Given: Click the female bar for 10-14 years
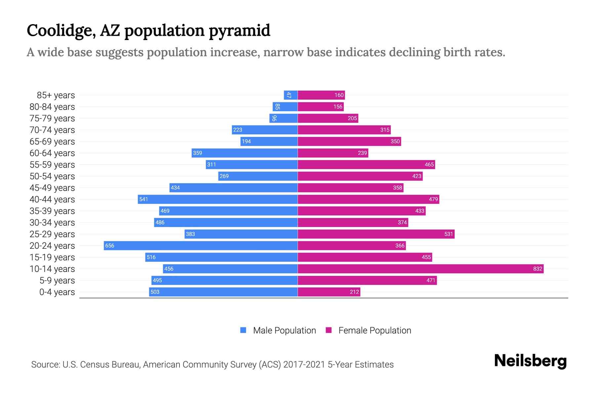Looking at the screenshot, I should pyautogui.click(x=420, y=269).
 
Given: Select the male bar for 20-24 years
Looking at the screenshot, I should pyautogui.click(x=201, y=245).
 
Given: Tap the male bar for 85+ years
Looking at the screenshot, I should pyautogui.click(x=291, y=95).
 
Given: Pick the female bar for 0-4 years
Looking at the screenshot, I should pyautogui.click(x=329, y=292).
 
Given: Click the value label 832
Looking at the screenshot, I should pyautogui.click(x=537, y=269).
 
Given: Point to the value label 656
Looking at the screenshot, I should pyautogui.click(x=109, y=245).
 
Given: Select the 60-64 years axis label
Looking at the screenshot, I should pyautogui.click(x=52, y=153).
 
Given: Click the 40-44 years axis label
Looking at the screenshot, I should pyautogui.click(x=52, y=199).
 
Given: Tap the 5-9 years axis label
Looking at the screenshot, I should pyautogui.click(x=57, y=280).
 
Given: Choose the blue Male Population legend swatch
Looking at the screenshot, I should pyautogui.click(x=243, y=330).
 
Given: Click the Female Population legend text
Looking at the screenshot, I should pyautogui.click(x=375, y=330).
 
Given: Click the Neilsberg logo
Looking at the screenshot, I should pyautogui.click(x=530, y=361).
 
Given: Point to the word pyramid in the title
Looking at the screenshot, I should pyautogui.click(x=239, y=30).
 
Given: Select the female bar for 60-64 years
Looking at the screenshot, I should pyautogui.click(x=333, y=153).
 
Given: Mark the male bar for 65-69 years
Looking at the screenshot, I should pyautogui.click(x=269, y=141).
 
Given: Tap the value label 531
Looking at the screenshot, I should pyautogui.click(x=448, y=234).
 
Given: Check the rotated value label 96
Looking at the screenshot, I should pyautogui.click(x=274, y=118).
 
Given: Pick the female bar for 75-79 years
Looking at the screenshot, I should pyautogui.click(x=328, y=118).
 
